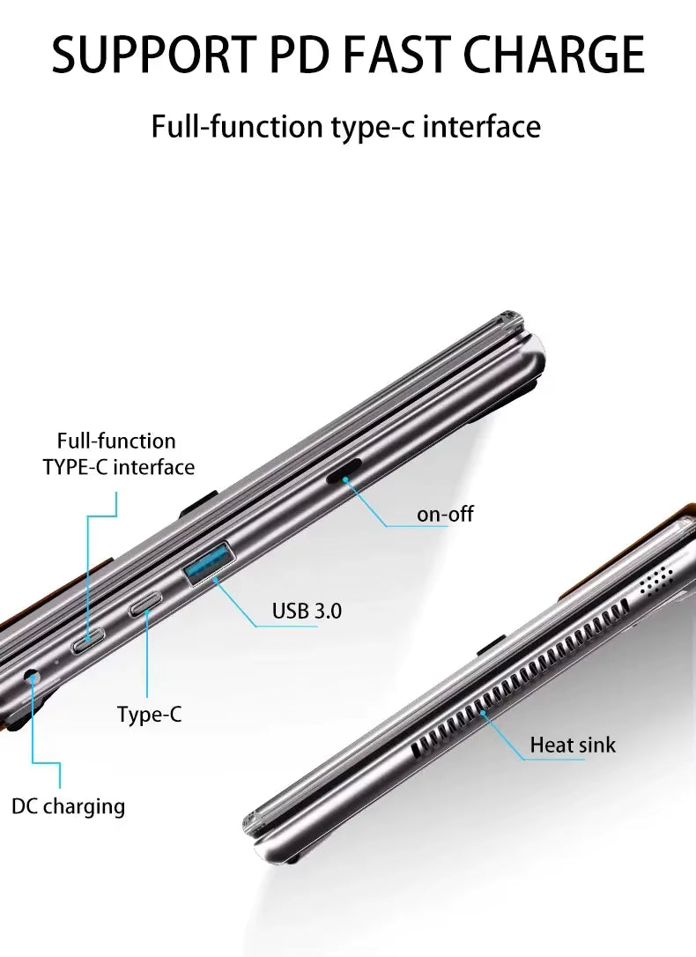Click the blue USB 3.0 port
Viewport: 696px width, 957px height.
[209, 563]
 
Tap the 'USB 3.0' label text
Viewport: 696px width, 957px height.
[307, 611]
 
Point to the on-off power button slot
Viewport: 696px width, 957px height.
[344, 471]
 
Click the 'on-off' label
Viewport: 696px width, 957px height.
[445, 514]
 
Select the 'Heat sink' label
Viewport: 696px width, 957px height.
[573, 745]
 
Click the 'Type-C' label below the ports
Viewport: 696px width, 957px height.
[150, 714]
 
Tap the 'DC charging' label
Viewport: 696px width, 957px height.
[69, 806]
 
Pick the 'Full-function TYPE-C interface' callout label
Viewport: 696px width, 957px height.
[118, 454]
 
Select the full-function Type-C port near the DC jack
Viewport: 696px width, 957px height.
[88, 641]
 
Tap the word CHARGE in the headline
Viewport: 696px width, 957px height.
[554, 55]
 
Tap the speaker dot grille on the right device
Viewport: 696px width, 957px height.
[656, 579]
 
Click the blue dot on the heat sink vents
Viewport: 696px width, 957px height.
[482, 712]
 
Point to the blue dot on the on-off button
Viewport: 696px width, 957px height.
[344, 479]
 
